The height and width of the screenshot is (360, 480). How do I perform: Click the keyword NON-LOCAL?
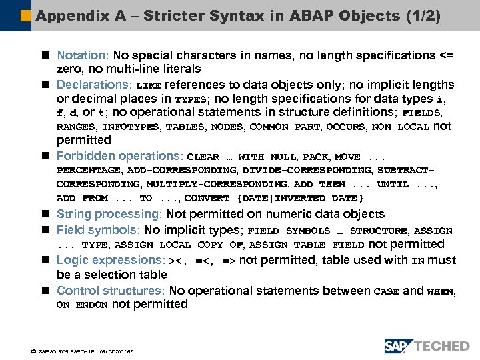click(x=400, y=127)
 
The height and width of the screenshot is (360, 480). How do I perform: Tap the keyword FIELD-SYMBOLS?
click(x=288, y=231)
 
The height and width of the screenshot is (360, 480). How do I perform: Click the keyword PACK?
click(x=315, y=157)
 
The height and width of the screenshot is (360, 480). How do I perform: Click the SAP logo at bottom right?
click(x=398, y=345)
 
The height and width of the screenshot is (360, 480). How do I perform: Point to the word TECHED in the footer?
click(x=441, y=345)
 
